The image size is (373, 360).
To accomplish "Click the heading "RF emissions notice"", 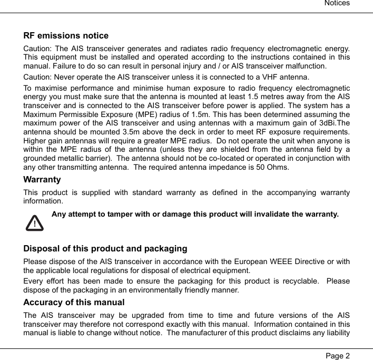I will tap(66, 36).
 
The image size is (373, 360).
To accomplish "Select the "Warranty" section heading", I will tap(42, 180).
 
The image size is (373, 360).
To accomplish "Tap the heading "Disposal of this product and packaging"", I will tap(105, 249).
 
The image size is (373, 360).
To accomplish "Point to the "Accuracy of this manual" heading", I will tap(74, 303).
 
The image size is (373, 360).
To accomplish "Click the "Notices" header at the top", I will tap(337, 4).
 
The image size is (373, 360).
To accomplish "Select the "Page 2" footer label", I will tap(337, 355).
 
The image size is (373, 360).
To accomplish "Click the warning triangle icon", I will tap(34, 223).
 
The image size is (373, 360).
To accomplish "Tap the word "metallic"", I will tap(74, 158).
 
